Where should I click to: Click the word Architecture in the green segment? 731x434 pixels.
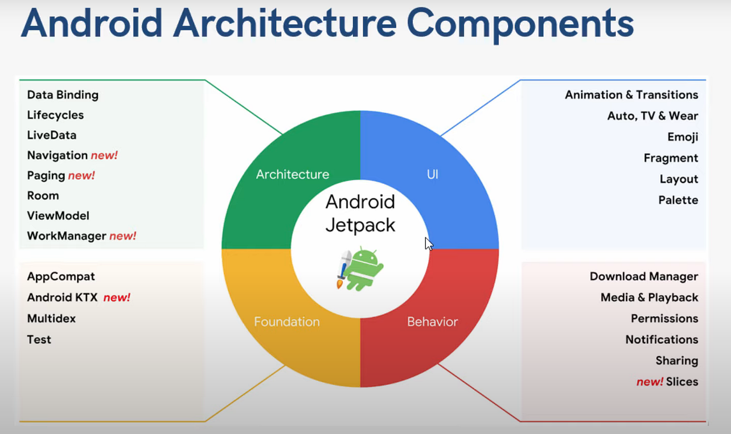click(292, 174)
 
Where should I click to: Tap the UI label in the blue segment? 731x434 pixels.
click(432, 175)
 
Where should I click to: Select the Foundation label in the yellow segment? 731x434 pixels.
click(287, 322)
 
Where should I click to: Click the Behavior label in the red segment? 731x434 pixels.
click(432, 322)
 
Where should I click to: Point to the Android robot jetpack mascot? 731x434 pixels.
click(360, 269)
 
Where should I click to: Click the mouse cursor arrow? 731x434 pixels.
click(428, 243)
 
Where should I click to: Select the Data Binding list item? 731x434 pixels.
click(63, 95)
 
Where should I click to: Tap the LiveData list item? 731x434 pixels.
click(52, 135)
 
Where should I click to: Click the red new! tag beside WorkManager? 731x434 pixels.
click(123, 236)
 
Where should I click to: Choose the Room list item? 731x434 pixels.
click(43, 196)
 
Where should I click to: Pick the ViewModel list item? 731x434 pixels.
click(58, 216)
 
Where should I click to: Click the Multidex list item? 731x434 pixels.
click(52, 318)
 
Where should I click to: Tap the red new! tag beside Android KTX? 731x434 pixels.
click(117, 297)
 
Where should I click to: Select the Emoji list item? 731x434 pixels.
click(683, 137)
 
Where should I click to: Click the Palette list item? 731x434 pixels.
click(678, 200)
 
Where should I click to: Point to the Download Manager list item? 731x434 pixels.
click(644, 276)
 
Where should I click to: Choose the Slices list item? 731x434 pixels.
click(682, 382)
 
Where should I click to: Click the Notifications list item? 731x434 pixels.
click(662, 339)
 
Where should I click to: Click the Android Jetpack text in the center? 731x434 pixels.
click(360, 213)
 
